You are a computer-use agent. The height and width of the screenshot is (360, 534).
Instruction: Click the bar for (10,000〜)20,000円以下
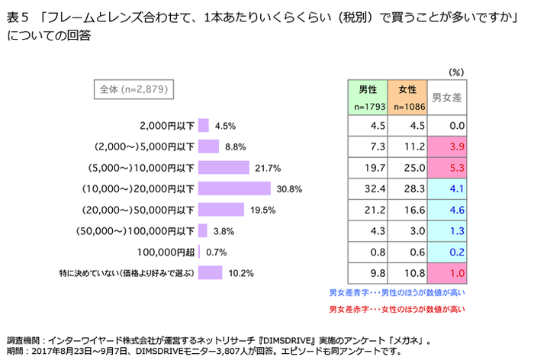[x=234, y=188]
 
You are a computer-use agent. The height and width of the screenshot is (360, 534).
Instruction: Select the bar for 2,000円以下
[x=203, y=125]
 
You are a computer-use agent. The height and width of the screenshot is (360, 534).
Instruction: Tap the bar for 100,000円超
[x=199, y=251]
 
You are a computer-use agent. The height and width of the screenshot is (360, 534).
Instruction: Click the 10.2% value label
[x=242, y=272]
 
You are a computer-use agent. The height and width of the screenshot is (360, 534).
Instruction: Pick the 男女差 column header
[x=447, y=97]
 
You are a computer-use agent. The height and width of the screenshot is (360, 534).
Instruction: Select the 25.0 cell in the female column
[x=407, y=167]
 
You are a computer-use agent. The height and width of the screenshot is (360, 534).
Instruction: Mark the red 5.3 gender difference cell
[x=447, y=167]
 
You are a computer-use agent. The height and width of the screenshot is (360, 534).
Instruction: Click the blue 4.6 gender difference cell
[x=447, y=209]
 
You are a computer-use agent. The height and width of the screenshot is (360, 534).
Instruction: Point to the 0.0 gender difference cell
[x=447, y=125]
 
